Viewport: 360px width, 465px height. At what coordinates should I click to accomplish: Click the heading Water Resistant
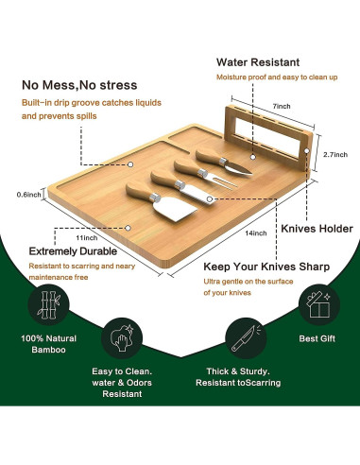[258, 62]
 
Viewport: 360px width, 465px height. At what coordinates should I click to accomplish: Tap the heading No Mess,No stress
[79, 85]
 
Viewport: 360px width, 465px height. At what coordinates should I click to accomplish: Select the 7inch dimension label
[282, 106]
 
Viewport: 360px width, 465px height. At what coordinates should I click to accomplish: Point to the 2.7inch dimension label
[335, 154]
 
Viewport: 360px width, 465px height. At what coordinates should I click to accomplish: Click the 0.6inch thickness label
[29, 195]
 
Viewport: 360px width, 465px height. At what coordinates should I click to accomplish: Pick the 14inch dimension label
[256, 233]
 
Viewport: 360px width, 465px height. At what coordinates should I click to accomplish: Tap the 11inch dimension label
[87, 238]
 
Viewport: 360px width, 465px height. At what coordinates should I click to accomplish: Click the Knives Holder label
[317, 229]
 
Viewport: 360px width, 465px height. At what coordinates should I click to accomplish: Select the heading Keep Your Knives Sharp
[266, 267]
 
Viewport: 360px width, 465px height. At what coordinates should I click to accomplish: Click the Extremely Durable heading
[73, 251]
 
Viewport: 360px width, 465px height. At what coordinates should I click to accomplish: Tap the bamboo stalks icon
[48, 304]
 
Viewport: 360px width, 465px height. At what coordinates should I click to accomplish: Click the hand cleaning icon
[122, 338]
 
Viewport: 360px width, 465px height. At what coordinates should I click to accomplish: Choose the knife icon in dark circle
[246, 338]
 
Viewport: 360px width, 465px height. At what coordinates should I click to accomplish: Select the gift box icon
[318, 304]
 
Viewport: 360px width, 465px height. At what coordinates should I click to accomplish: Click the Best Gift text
[317, 338]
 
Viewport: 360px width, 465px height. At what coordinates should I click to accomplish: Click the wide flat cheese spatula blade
[180, 209]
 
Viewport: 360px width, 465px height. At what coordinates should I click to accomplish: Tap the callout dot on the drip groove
[130, 164]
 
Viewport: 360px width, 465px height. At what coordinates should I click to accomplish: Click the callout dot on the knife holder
[307, 151]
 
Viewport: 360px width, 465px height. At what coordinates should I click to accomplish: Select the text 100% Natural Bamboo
[48, 344]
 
